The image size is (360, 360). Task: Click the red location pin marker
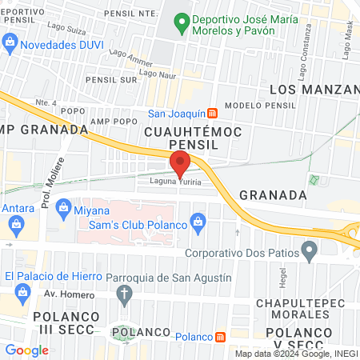pos(180,163)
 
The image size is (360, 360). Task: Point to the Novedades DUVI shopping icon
pos(10,41)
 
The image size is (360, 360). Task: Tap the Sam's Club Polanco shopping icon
pos(198,218)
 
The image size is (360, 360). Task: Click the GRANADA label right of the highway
pos(273,194)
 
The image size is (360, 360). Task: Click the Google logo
pos(27,350)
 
